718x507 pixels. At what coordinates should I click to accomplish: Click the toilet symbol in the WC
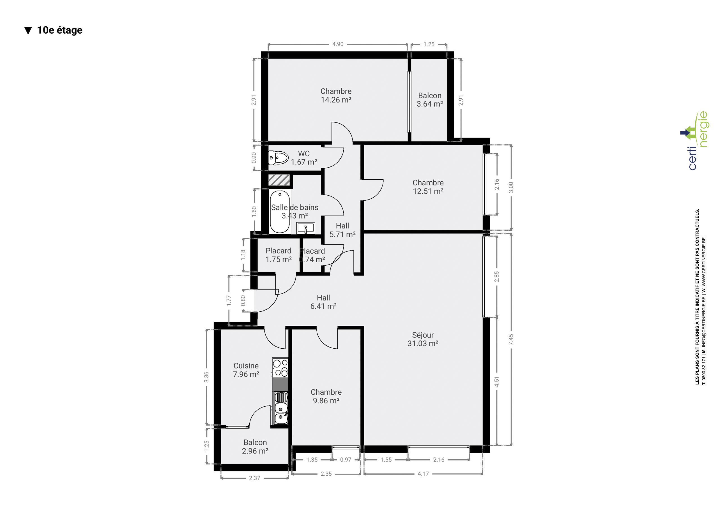278,158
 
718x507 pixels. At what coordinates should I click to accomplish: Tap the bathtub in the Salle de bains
280,212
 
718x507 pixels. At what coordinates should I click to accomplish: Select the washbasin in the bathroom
305,228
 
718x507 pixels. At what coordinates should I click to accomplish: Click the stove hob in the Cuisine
280,368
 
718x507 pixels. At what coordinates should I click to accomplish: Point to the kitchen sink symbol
280,408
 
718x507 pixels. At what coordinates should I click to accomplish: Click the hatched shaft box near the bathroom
279,180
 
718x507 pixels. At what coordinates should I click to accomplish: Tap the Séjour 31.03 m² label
423,339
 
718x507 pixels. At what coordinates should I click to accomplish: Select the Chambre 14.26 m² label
336,95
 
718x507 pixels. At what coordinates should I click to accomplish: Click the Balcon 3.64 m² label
430,100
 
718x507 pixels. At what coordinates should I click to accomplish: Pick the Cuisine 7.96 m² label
246,370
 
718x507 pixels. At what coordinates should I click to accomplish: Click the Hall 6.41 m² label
323,302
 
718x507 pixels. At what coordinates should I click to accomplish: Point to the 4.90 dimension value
338,44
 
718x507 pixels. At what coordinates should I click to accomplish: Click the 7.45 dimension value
511,339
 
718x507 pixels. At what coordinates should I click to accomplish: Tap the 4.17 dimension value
423,474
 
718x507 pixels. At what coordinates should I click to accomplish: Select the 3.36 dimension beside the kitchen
206,377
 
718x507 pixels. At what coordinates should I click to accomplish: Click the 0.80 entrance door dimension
243,300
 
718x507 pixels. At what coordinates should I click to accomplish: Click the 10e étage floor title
60,30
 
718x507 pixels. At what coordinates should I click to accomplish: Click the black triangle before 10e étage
28,31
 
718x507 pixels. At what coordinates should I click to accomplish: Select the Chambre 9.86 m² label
326,396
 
